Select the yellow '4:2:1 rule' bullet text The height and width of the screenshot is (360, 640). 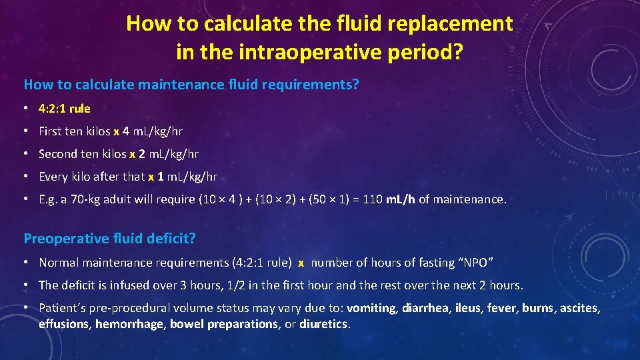coord(65,108)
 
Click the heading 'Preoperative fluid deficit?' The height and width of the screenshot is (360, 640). coord(111,238)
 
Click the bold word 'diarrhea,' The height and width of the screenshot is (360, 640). coord(426,308)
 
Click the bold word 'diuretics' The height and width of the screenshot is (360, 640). coord(324,324)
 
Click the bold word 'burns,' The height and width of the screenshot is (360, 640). coord(539,308)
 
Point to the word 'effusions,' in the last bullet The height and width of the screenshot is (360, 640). coord(65,324)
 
